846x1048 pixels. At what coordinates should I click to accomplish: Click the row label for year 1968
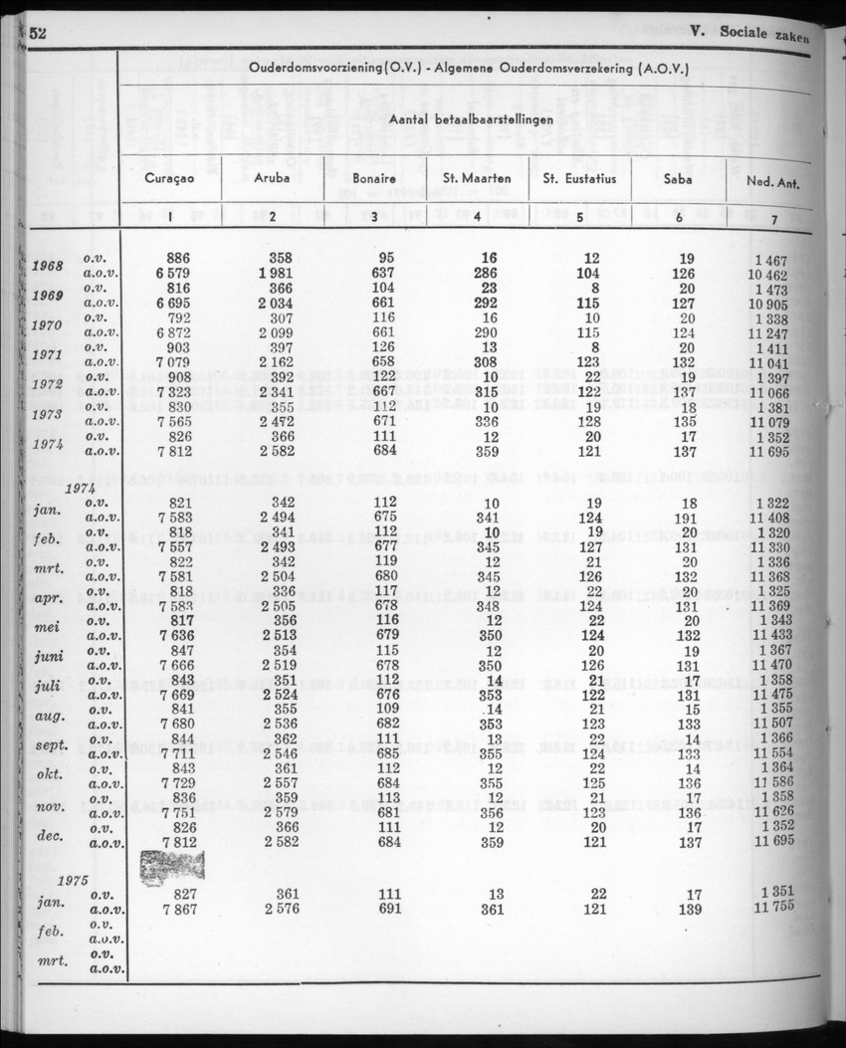(47, 266)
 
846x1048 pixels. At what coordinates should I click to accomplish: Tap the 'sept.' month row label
(49, 746)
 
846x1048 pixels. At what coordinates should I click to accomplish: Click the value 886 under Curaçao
(178, 258)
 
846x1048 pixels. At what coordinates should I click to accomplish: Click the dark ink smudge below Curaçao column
(174, 866)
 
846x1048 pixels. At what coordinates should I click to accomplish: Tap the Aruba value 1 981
(279, 274)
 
